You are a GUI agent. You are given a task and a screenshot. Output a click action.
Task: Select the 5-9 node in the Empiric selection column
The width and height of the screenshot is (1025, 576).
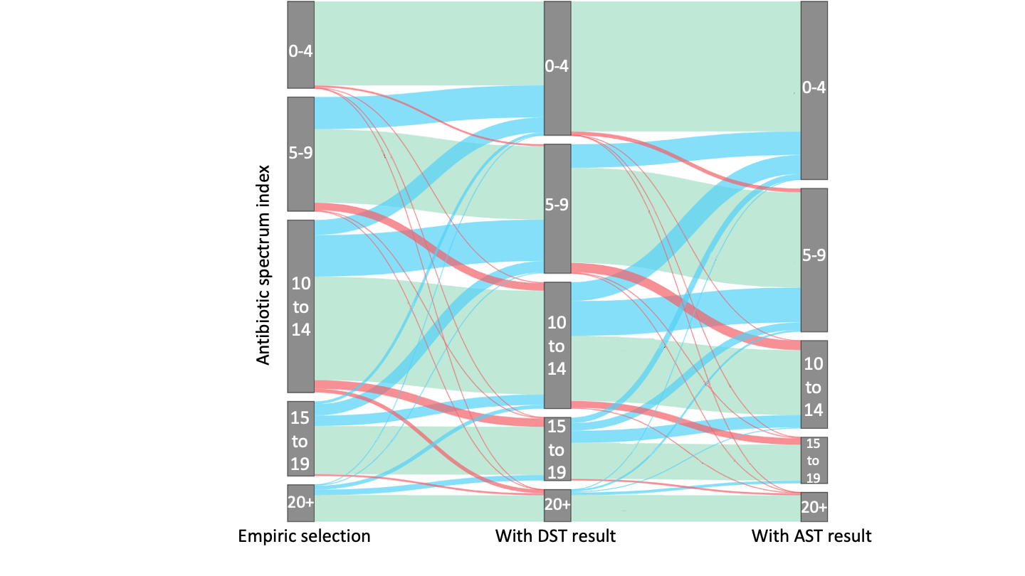coord(300,154)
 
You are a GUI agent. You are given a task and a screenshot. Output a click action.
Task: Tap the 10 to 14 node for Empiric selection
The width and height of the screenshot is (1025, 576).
coord(300,306)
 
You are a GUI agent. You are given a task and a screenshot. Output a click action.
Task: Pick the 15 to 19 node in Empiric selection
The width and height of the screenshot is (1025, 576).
coord(300,439)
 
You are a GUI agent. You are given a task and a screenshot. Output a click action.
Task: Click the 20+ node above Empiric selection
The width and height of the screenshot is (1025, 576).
coord(300,503)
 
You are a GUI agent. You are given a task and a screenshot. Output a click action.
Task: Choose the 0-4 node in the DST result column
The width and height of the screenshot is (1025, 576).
coord(557,68)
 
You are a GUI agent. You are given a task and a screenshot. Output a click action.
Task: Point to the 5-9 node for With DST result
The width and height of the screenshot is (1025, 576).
coord(557,208)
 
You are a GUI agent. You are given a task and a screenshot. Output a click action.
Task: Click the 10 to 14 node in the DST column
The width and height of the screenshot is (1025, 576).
coord(557,345)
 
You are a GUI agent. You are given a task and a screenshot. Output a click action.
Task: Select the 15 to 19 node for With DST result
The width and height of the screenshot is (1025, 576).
coord(557,449)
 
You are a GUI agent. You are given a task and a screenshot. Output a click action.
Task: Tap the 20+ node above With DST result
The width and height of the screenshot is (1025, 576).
coord(557,505)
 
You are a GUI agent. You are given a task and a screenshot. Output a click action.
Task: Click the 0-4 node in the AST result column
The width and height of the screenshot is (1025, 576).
coord(814,90)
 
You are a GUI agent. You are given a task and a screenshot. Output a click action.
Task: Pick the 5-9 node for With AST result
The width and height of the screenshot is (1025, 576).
coord(814,260)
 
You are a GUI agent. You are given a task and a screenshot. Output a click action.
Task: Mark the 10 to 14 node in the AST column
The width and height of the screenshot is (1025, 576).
coord(814,384)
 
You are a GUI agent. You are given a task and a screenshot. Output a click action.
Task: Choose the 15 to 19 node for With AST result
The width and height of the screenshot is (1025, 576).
coord(814,460)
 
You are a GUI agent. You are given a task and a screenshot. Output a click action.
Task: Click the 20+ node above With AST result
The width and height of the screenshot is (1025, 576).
coord(814,507)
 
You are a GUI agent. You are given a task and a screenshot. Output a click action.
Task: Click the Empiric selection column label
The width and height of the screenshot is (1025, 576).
coord(304,536)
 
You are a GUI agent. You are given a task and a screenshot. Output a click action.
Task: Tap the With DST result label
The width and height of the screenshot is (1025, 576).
coord(555,536)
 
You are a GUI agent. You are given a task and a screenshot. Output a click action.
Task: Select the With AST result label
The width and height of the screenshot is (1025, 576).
coord(811,536)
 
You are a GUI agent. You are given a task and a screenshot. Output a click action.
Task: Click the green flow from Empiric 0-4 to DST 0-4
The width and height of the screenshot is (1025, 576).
coord(427,43)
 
